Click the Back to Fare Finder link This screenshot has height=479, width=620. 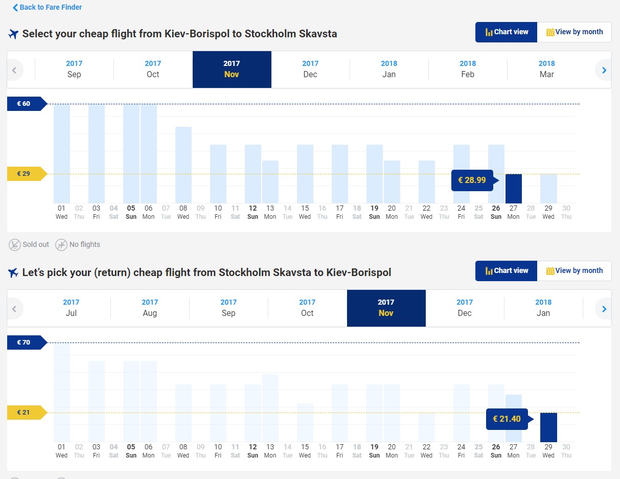(x=48, y=7)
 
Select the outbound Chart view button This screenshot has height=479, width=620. (x=506, y=32)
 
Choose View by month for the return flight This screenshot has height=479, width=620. (x=574, y=271)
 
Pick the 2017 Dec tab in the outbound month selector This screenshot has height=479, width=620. (x=310, y=70)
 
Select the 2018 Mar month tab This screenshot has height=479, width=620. (x=546, y=70)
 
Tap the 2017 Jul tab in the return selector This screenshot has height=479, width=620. (x=71, y=308)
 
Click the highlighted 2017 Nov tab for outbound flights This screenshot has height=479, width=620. (x=232, y=70)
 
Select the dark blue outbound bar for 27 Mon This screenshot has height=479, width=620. (x=514, y=189)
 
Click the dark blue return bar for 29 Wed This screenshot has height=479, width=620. (x=548, y=427)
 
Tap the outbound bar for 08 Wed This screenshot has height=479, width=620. (x=183, y=165)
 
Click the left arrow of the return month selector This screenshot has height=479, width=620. (x=14, y=309)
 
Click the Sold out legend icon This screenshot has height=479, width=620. (x=14, y=245)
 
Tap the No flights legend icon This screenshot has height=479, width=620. (x=61, y=245)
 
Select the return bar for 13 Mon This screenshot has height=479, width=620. (x=270, y=408)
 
